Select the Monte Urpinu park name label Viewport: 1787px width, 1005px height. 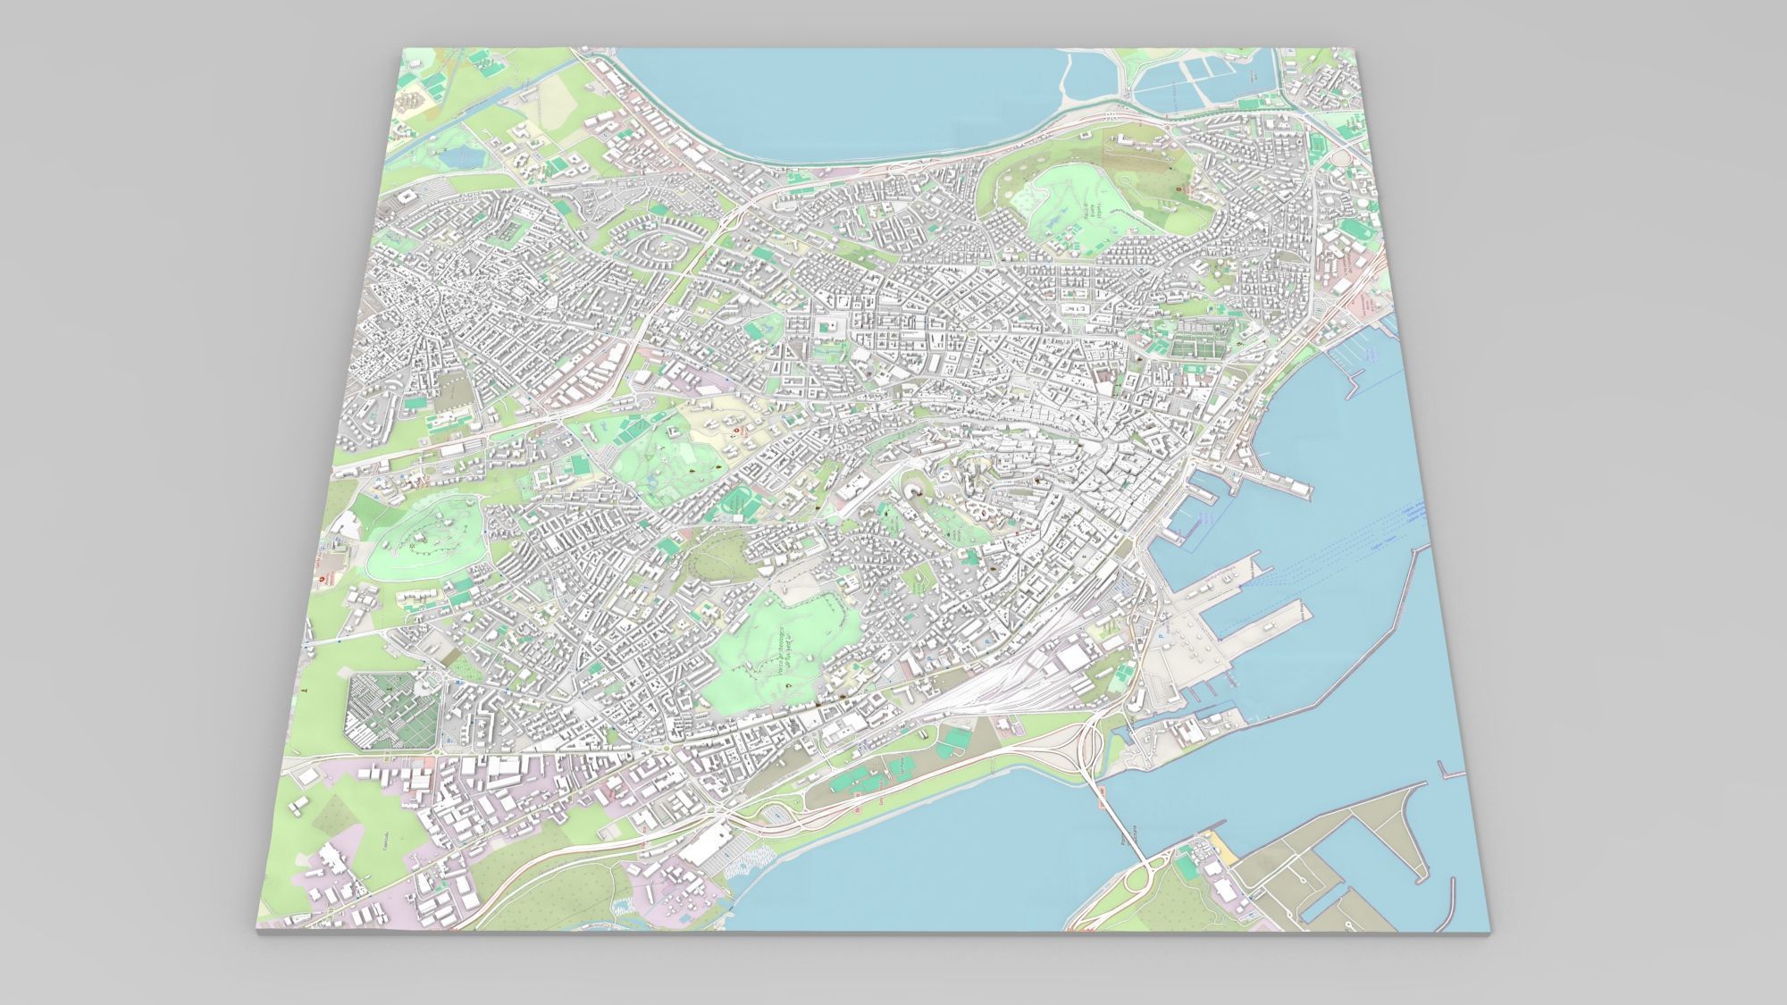(x=1091, y=214)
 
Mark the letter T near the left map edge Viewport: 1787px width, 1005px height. (x=303, y=691)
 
